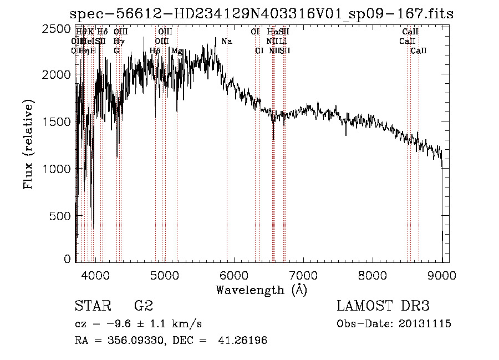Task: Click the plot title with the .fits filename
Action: [262, 14]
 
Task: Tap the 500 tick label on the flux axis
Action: [61, 215]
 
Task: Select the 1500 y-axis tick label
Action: [58, 121]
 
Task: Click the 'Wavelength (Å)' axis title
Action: [261, 290]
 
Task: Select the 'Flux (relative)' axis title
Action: [28, 144]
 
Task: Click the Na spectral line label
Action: [226, 42]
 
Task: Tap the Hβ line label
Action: [155, 50]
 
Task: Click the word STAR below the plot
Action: [92, 306]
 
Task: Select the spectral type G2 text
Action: [144, 306]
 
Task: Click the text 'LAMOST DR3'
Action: [383, 306]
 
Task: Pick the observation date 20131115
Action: [426, 323]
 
